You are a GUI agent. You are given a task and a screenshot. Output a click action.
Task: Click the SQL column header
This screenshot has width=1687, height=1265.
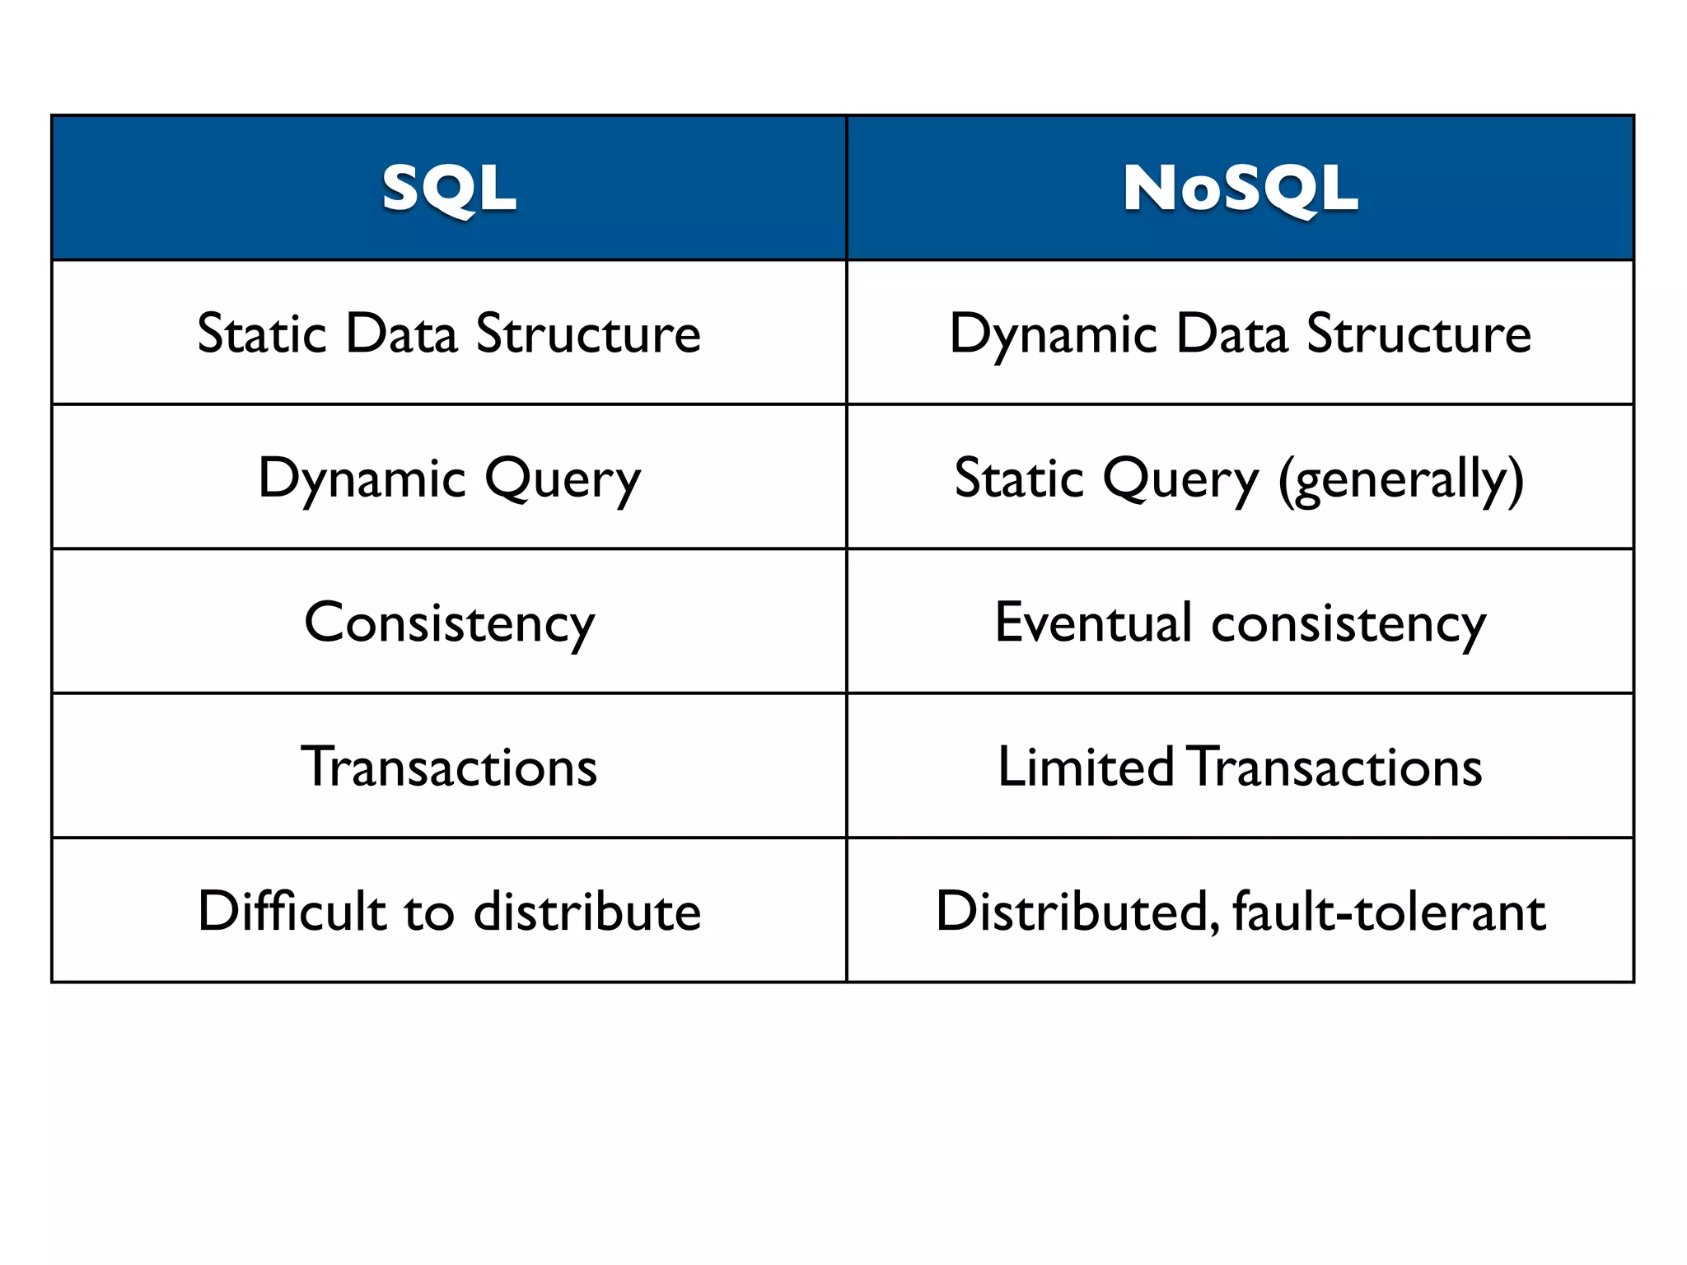(449, 189)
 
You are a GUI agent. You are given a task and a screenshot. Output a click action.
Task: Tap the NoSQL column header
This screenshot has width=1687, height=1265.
(1240, 189)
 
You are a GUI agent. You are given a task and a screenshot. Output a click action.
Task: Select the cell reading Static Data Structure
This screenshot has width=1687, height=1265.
(449, 334)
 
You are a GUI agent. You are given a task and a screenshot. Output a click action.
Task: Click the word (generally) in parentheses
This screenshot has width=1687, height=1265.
(1400, 479)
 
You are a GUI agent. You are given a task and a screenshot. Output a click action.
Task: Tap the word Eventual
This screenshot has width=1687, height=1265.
(1093, 622)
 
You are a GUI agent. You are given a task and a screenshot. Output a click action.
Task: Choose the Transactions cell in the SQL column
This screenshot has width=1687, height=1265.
(449, 767)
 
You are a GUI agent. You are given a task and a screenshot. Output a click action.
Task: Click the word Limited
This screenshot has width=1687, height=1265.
(1085, 767)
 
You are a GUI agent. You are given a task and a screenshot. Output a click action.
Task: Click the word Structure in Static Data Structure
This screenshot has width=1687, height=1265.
(588, 334)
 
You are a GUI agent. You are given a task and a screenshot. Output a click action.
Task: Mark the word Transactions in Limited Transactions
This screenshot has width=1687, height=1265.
(1336, 767)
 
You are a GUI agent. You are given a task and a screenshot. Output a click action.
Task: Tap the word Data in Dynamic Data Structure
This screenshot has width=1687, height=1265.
(1231, 334)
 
